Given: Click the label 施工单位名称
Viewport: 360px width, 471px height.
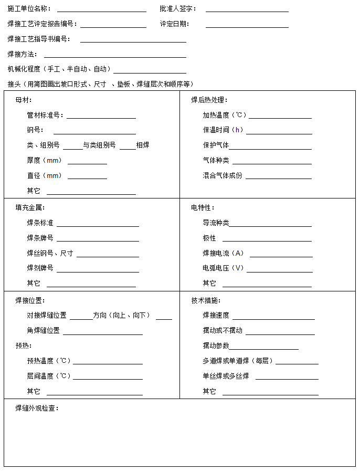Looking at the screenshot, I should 29,9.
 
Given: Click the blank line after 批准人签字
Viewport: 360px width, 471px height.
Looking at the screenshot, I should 247,9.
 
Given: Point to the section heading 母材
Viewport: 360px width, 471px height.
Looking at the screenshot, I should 24,100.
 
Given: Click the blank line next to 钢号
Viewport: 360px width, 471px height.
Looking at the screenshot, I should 94,131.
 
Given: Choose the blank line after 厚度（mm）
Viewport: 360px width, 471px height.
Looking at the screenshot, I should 87,161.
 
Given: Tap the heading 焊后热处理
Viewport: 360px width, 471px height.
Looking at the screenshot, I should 209,100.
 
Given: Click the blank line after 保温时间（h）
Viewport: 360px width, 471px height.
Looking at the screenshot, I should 279,131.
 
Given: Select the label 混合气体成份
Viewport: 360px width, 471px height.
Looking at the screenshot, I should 223,176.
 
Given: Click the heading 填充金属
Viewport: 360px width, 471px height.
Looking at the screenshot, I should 30,208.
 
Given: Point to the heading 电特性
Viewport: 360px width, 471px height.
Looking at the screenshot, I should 203,208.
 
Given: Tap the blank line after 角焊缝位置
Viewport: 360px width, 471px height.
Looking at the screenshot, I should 102,332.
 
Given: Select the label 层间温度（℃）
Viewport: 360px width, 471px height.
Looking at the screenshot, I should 49,376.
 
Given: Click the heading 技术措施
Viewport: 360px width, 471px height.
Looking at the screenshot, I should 206,301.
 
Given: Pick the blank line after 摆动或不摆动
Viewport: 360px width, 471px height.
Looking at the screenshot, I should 280,332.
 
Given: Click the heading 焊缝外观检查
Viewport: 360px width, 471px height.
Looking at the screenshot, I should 37,409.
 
